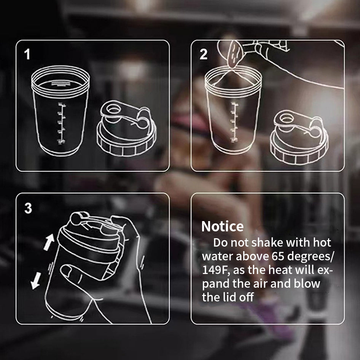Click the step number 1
tap(27, 55)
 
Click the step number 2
tap(204, 54)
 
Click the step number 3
tap(28, 209)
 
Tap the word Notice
tap(222, 226)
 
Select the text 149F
tap(215, 270)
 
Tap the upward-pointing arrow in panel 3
tap(49, 242)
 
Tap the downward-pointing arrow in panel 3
tap(37, 281)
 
